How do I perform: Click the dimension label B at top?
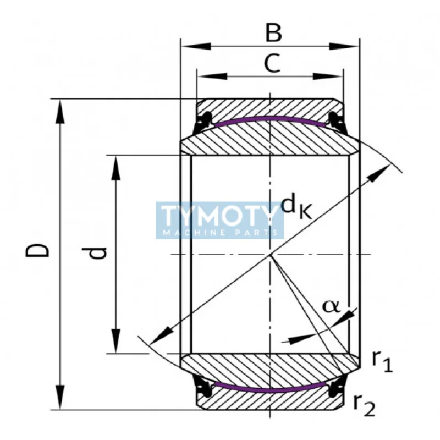tap(273, 33)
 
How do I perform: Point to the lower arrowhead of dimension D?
tap(59, 398)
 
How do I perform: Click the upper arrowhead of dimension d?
tap(116, 167)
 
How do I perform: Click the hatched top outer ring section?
tap(269, 107)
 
